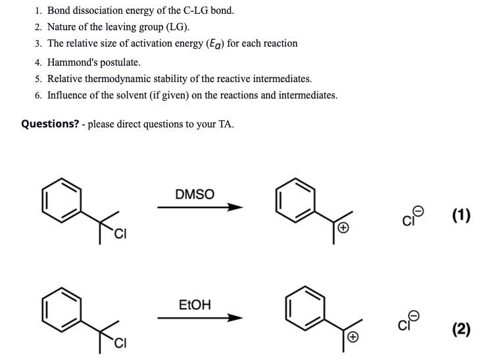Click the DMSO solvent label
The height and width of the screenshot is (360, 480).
[195, 194]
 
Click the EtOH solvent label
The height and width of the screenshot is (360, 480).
[195, 305]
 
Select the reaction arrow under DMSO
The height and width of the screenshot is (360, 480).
[200, 208]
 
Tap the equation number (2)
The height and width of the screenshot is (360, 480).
[462, 328]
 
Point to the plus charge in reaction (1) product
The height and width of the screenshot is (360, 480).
[342, 228]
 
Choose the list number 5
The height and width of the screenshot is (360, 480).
[39, 79]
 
